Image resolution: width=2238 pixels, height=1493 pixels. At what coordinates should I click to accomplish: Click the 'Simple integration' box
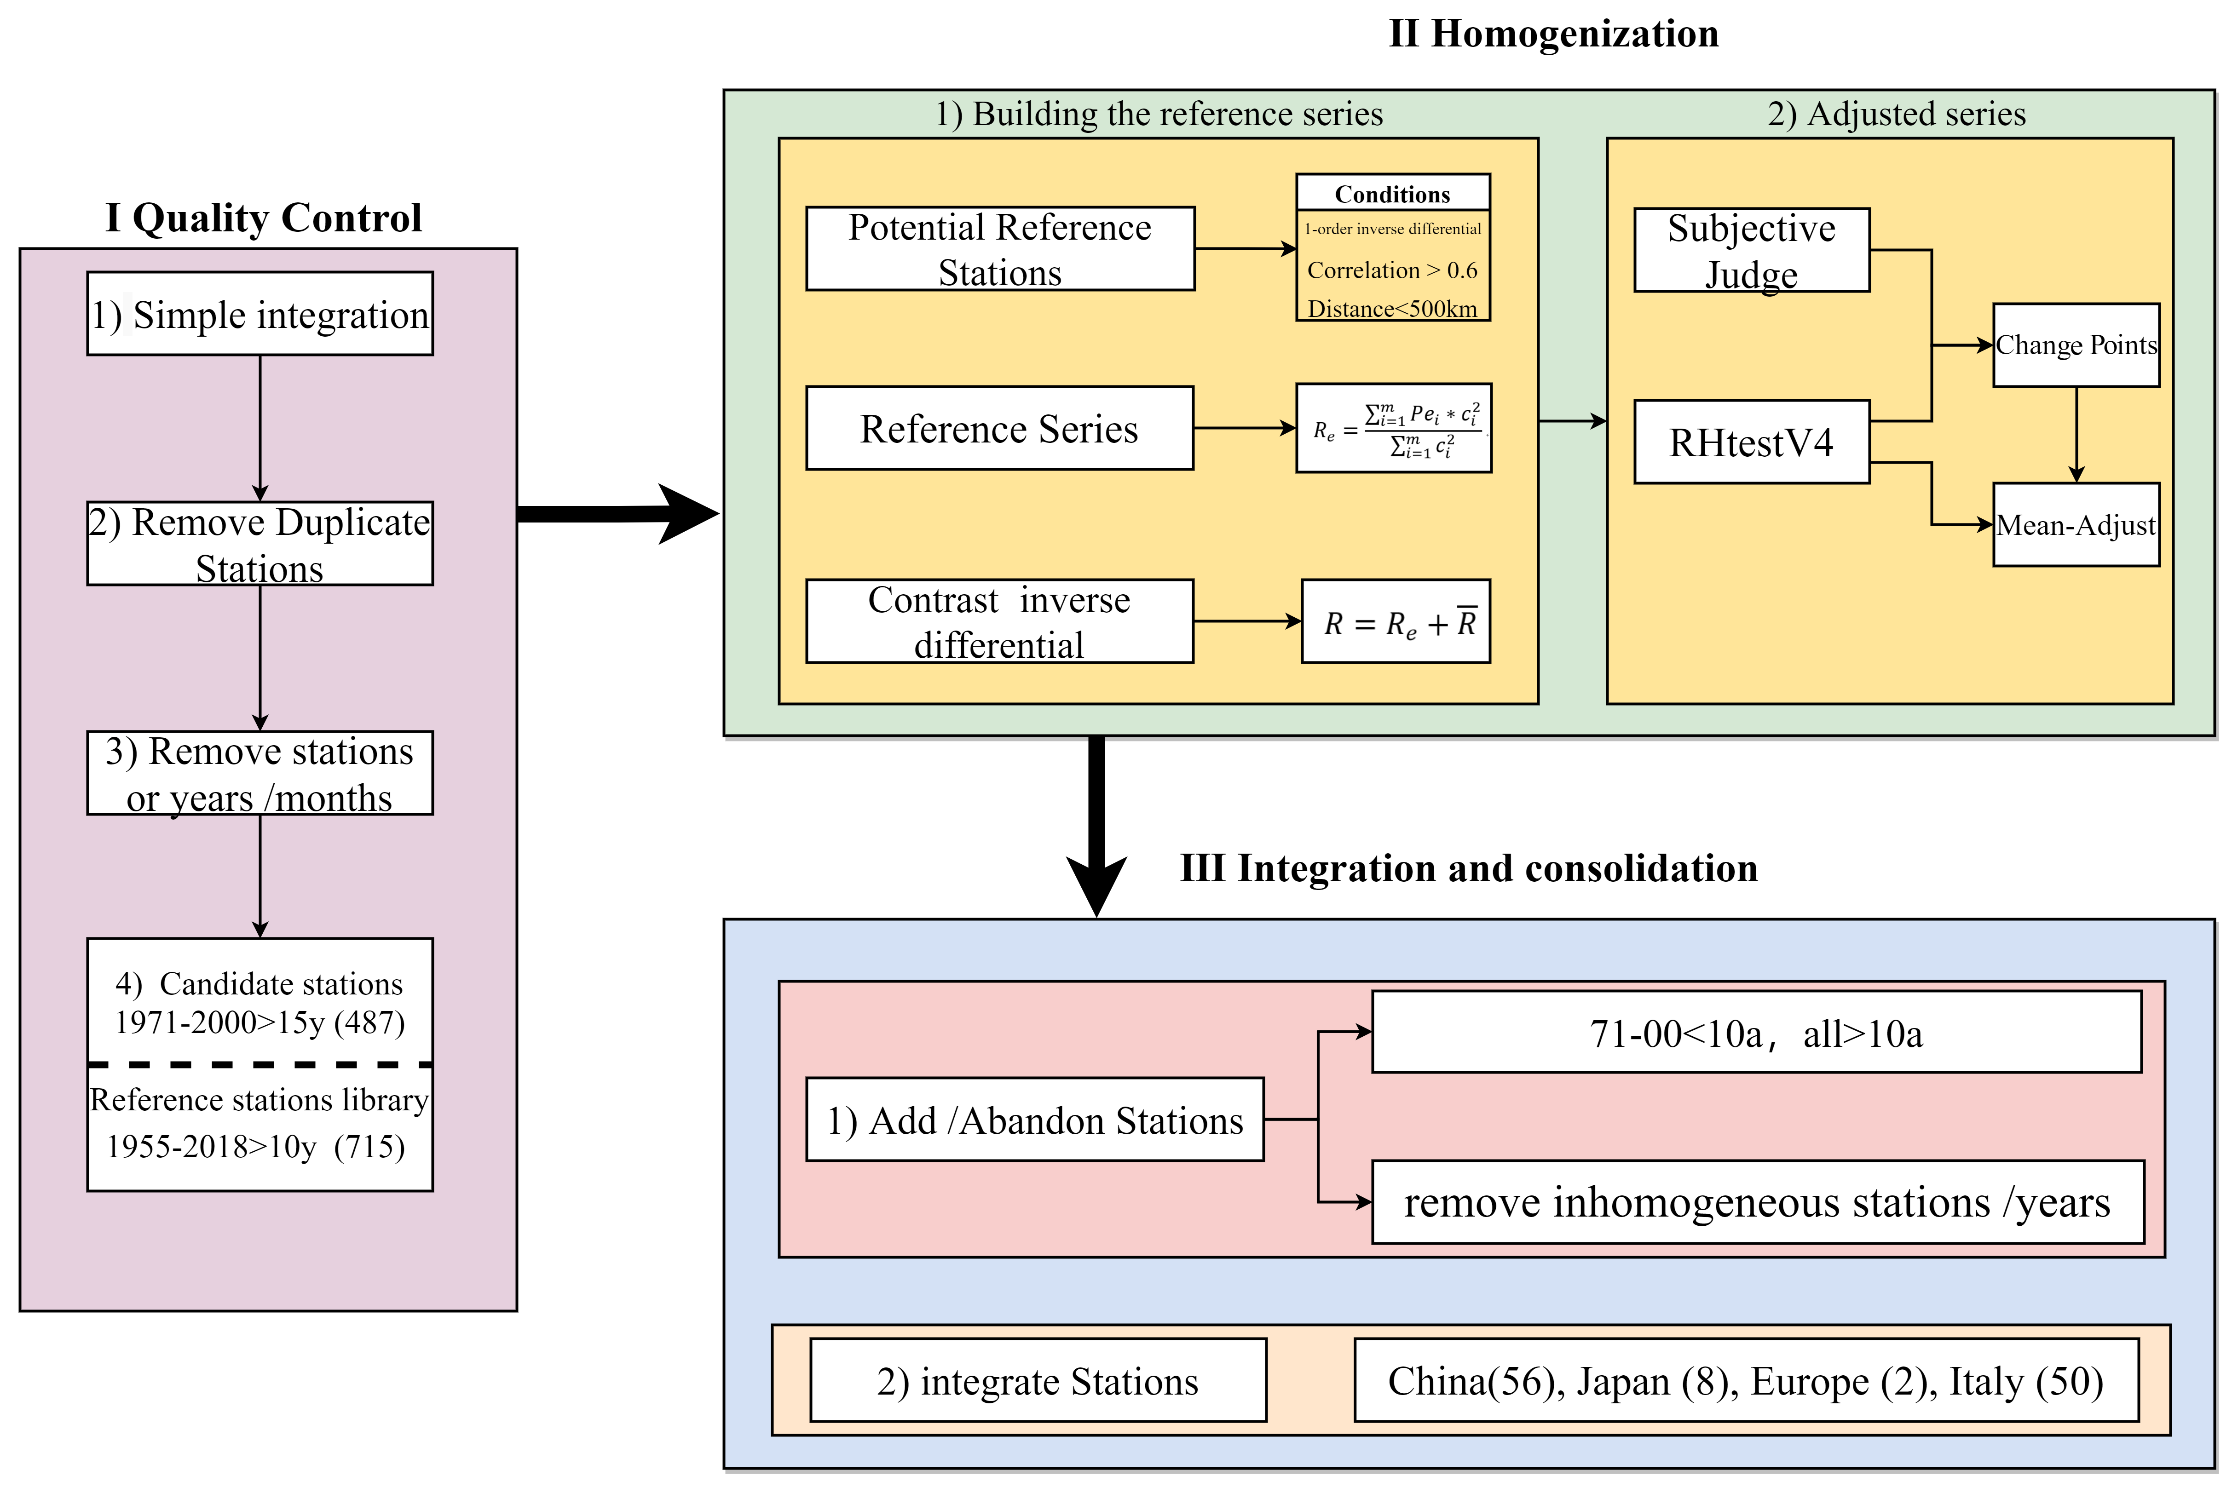[x=260, y=314]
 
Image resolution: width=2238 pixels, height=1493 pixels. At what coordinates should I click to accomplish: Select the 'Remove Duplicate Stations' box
[x=260, y=544]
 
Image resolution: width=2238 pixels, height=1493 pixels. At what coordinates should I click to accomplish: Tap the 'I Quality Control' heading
[x=263, y=218]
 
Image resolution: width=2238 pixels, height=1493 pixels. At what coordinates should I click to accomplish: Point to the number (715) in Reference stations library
[x=369, y=1146]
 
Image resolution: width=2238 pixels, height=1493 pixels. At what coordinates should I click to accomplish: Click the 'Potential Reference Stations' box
[x=1000, y=248]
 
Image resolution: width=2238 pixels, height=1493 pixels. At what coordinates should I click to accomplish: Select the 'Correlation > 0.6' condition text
[x=1392, y=270]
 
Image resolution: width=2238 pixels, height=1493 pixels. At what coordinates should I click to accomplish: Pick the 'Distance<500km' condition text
[x=1392, y=309]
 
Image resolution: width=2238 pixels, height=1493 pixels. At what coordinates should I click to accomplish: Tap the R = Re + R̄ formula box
[x=1396, y=622]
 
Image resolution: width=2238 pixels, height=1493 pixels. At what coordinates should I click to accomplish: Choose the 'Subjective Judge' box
[x=1751, y=249]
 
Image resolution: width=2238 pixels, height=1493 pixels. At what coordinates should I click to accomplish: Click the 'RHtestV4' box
[x=1751, y=443]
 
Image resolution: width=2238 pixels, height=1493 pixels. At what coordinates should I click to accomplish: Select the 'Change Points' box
[x=2076, y=345]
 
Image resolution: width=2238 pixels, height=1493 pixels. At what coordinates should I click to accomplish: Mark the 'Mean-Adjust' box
[x=2076, y=525]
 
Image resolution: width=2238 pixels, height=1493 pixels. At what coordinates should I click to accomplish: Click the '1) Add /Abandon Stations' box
[x=1035, y=1120]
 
